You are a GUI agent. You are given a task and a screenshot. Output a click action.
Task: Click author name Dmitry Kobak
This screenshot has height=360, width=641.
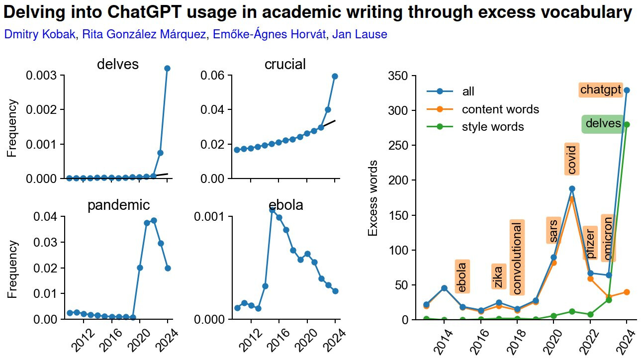point(40,34)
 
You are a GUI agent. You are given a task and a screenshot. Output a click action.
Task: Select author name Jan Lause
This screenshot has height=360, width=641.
point(360,34)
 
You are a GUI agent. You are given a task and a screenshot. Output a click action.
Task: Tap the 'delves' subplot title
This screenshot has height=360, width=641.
point(118,64)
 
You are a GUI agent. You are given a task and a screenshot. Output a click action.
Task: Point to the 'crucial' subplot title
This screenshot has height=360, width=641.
point(285,64)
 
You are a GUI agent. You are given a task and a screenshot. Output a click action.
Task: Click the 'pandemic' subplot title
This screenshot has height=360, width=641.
point(119,205)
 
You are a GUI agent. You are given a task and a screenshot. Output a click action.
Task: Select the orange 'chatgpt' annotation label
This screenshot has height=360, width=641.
point(601,90)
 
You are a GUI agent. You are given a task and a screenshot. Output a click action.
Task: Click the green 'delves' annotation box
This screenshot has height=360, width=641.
point(603,124)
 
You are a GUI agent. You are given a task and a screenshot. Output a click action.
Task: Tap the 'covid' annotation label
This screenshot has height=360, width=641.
point(571,160)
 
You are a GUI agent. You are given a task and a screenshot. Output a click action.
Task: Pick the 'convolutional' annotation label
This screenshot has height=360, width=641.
point(517,258)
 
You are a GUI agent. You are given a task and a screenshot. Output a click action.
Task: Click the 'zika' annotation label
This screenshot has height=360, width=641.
point(498,276)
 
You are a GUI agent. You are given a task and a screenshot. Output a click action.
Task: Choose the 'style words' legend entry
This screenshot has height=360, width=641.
point(493,127)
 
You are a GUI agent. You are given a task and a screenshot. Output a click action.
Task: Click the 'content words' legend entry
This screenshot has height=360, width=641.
point(500,109)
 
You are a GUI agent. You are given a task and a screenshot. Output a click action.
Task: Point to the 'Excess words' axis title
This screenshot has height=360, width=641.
point(373,198)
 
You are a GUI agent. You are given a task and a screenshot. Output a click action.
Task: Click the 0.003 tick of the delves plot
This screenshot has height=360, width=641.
point(45,76)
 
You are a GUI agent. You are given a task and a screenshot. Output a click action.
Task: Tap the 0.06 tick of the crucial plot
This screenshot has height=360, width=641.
point(212,76)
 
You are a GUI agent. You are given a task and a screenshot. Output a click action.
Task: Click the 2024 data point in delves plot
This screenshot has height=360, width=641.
point(167,68)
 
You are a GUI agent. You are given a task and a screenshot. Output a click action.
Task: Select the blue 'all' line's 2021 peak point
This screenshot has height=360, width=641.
point(572,188)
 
